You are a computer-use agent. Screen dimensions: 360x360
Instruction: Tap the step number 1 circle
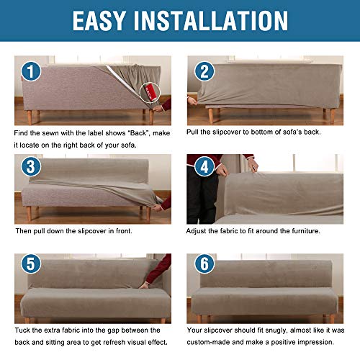30,71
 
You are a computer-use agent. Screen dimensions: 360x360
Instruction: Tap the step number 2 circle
204,71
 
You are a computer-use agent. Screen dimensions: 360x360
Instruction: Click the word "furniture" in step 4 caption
305,231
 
